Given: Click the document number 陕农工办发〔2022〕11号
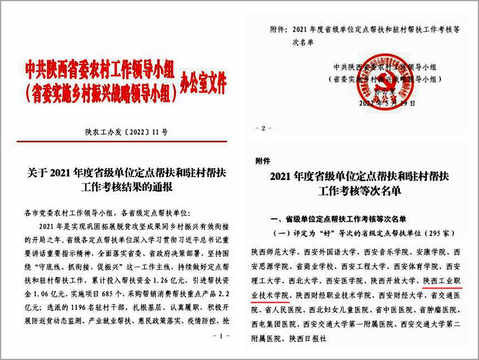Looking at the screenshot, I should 123,128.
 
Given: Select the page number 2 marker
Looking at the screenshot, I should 264,128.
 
